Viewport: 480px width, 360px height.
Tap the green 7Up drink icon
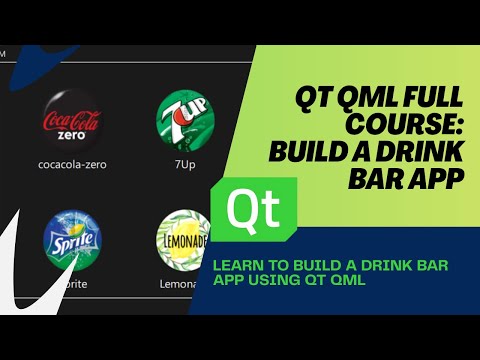pos(185,119)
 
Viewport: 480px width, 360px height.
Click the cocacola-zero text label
pos(71,164)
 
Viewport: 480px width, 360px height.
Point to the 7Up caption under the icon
pos(185,164)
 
